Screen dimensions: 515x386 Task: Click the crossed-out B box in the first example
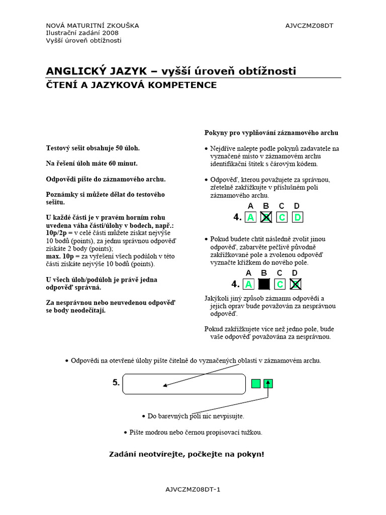[266, 217]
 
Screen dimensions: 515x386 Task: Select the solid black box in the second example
[264, 284]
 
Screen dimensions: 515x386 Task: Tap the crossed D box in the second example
[296, 284]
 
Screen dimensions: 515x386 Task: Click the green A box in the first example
[250, 217]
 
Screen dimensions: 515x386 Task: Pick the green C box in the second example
[280, 284]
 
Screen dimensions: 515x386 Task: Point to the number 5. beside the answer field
[116, 383]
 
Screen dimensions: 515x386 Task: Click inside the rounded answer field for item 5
[184, 384]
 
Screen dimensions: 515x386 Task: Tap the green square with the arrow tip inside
[268, 384]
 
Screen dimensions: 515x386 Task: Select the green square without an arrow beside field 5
[256, 384]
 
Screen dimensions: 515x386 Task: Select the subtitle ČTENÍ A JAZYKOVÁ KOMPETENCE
[132, 85]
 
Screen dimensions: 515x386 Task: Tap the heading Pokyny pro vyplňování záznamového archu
[271, 133]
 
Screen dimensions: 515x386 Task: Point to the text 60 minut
[123, 163]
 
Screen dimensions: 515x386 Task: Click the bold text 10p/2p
[56, 233]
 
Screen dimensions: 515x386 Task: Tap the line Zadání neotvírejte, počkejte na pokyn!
[186, 454]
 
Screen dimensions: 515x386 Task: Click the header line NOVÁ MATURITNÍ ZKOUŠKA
[92, 26]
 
